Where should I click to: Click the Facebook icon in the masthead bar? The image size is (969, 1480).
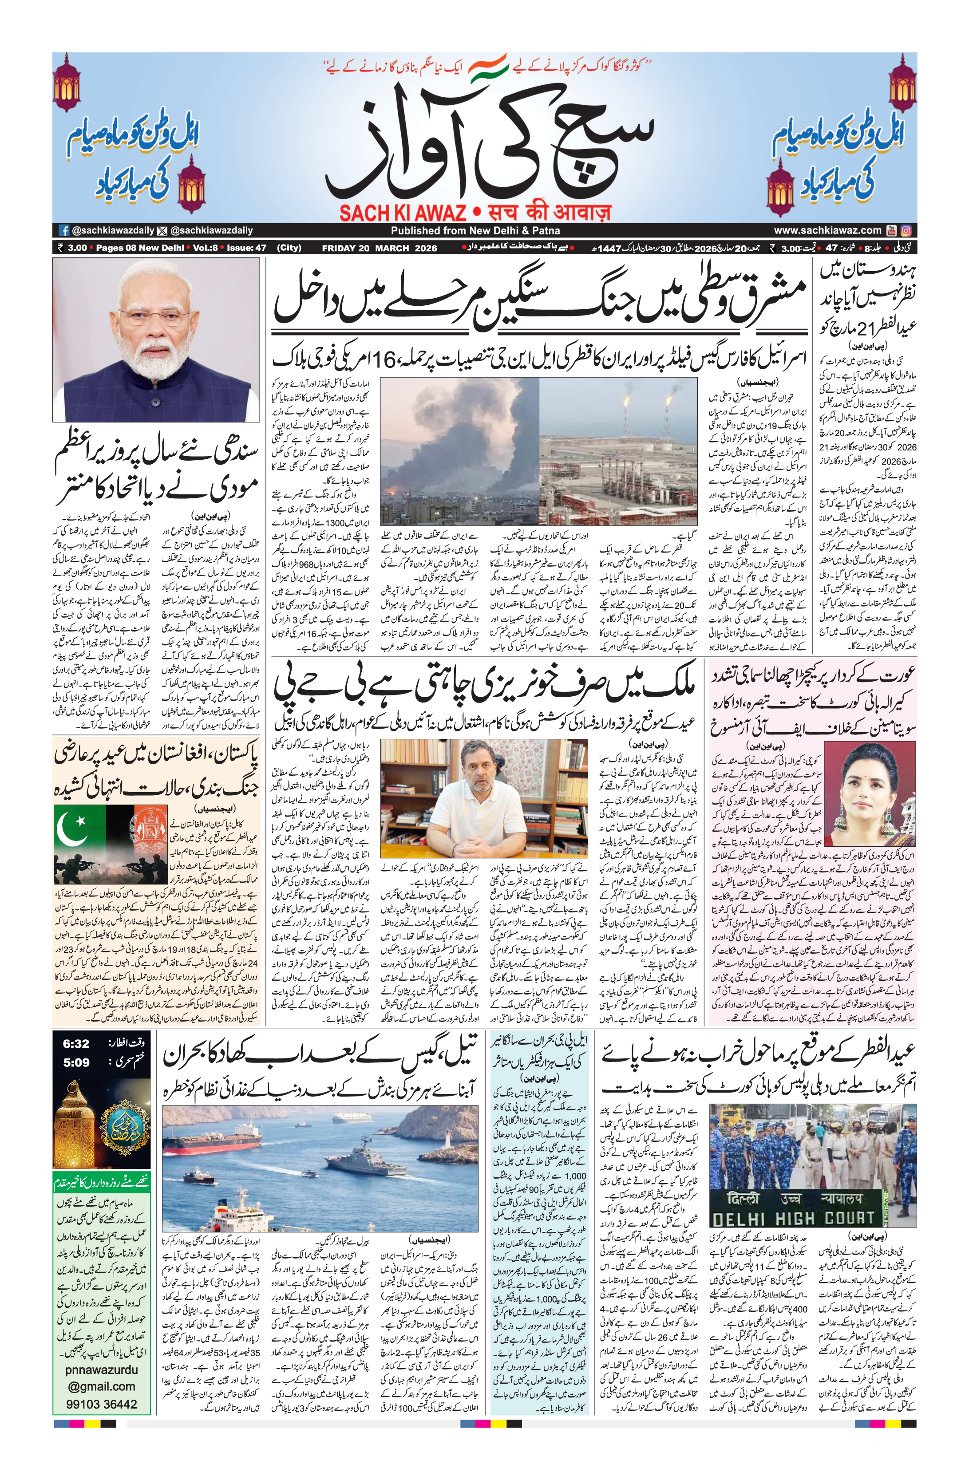[63, 230]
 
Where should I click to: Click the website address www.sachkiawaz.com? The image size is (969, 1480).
[827, 230]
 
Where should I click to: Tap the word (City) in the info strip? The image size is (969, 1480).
[289, 248]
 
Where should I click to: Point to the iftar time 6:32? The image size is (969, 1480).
[76, 1043]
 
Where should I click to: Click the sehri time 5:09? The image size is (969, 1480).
[76, 1062]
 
